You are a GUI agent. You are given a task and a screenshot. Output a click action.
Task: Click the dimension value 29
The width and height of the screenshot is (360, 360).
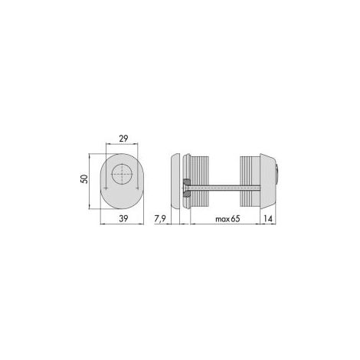point(123,139)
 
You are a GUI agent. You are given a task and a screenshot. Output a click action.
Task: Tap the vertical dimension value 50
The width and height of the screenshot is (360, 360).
point(84,178)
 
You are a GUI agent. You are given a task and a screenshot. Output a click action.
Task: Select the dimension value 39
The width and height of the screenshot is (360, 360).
point(123,218)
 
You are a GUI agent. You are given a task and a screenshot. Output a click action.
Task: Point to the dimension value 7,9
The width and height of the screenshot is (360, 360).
point(160,219)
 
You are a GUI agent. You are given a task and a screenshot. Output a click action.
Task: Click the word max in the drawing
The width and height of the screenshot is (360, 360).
point(222,219)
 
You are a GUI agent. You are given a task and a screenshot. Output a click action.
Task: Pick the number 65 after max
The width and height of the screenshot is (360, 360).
point(235,219)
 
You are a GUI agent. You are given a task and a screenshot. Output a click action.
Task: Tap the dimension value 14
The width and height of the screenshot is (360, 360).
point(268,218)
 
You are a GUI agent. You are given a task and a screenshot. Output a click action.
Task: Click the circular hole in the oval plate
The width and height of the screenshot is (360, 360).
point(122,174)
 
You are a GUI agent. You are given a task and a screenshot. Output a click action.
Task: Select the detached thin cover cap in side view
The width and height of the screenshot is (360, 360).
point(175,181)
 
